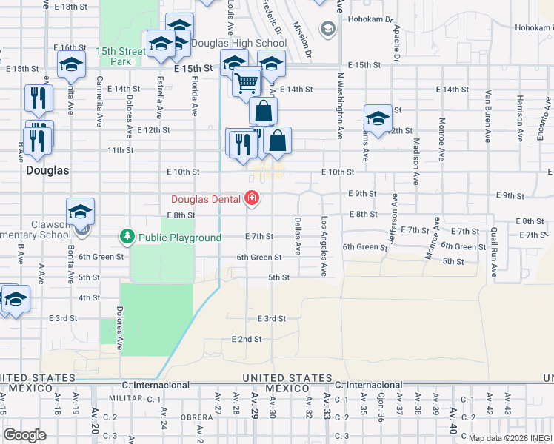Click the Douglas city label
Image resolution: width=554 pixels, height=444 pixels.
(47, 170)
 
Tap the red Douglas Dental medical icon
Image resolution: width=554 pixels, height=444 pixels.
(253, 198)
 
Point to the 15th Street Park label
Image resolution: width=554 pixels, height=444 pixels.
(121, 56)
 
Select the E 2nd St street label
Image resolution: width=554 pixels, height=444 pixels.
(247, 339)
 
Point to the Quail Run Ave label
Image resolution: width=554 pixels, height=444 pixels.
(493, 253)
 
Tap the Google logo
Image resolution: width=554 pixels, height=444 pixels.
(24, 435)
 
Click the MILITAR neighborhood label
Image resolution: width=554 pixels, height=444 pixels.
(124, 398)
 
